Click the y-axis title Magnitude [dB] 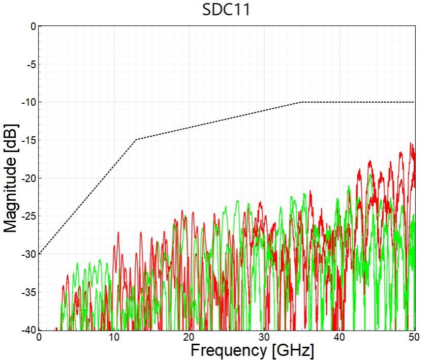[11, 177]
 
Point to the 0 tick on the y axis [33, 26]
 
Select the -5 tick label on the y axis [30, 64]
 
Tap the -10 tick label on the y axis [28, 102]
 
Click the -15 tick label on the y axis [28, 140]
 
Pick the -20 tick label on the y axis [28, 178]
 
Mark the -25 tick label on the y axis [28, 217]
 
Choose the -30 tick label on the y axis [28, 254]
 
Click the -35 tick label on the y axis [28, 292]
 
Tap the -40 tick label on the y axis [28, 330]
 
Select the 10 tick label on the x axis [114, 338]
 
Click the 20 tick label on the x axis [189, 338]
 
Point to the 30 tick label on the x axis [264, 338]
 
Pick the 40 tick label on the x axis [339, 338]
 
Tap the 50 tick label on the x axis [414, 338]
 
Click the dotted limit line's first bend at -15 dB [136, 139]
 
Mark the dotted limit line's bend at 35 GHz [302, 102]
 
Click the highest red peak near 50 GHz [411, 144]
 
